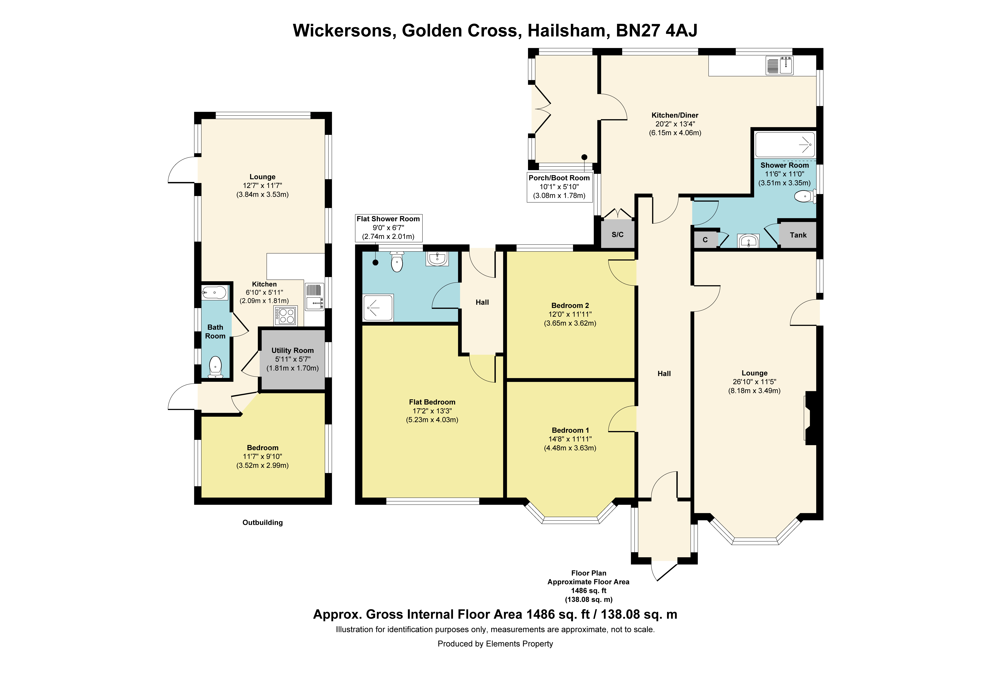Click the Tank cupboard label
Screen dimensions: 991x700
tap(798, 235)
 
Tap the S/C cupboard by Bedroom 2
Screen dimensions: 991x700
tap(618, 234)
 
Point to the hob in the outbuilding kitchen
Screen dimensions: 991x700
tap(285, 315)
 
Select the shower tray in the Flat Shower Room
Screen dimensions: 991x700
tap(378, 308)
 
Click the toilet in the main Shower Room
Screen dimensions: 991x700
tap(805, 197)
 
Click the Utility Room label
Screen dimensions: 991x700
tap(293, 350)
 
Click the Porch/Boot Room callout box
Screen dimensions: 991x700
tap(559, 187)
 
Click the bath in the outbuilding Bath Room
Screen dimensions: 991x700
tap(214, 293)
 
